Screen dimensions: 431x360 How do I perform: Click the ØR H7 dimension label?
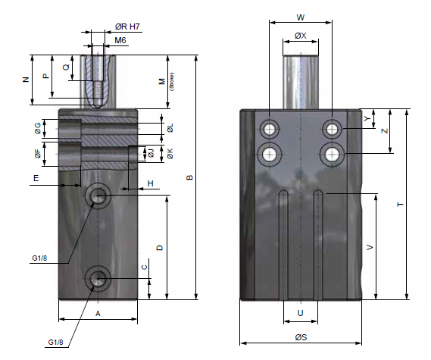tap(127, 27)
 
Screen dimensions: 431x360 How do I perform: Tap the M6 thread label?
tap(120, 40)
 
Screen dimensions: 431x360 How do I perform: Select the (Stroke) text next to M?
tap(171, 82)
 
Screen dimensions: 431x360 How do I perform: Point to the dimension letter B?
tap(189, 177)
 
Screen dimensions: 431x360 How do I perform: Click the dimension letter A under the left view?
tap(98, 313)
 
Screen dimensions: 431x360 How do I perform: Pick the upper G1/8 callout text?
tap(39, 258)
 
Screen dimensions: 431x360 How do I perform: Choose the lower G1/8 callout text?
tap(55, 342)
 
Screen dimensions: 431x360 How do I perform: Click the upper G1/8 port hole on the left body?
tap(98, 196)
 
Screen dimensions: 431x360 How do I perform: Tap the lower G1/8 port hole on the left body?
tap(98, 278)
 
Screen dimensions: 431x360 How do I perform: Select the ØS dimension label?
tap(301, 337)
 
